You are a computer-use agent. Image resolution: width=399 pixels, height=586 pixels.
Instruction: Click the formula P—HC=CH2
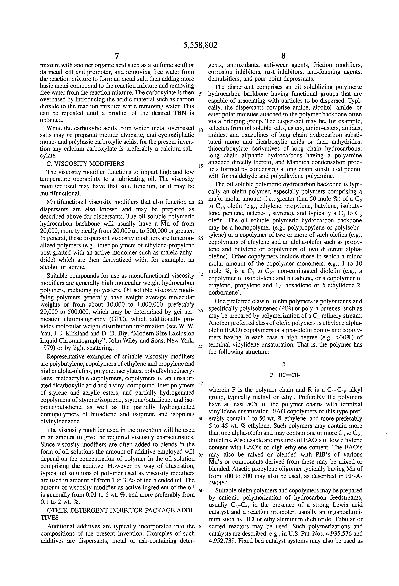285,375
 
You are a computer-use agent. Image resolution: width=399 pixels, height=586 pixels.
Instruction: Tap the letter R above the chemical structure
284,364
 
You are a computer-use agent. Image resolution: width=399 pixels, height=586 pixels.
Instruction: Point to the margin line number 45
201,383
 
